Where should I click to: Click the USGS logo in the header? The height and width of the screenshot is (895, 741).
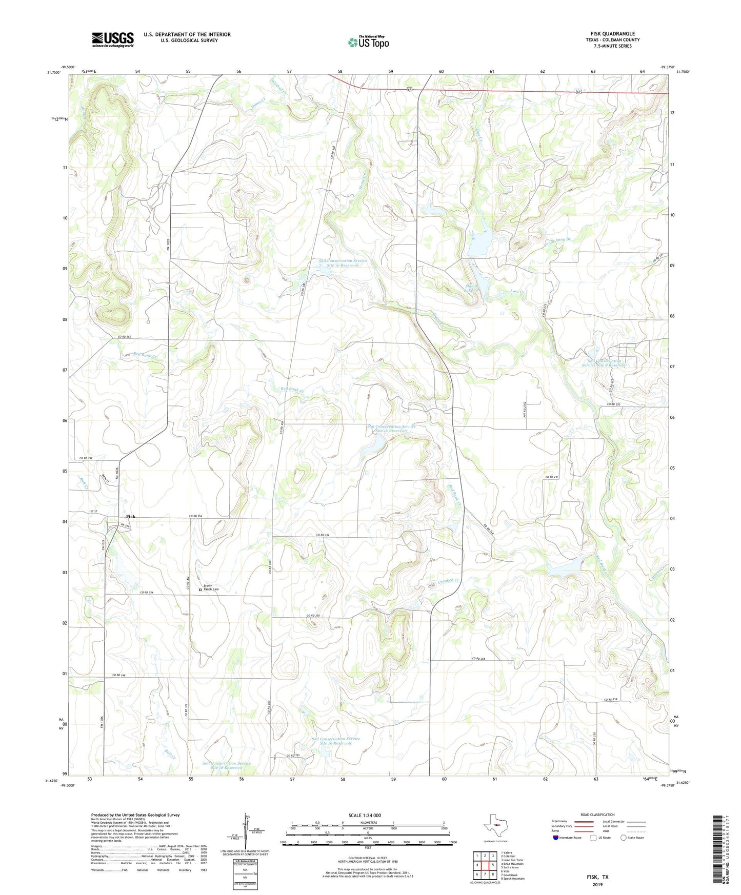[x=113, y=39]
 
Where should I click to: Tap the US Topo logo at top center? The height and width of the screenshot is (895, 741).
[x=368, y=42]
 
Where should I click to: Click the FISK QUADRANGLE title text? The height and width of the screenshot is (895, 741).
[x=612, y=34]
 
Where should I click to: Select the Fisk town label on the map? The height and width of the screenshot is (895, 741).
[x=131, y=517]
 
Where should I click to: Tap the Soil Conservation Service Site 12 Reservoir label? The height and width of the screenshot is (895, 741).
[x=391, y=429]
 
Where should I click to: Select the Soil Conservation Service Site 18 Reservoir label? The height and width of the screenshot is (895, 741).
[x=226, y=765]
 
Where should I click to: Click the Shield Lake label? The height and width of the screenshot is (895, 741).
[x=471, y=288]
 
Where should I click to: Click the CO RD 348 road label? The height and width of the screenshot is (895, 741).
[x=119, y=675]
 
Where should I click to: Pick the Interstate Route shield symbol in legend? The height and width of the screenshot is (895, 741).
[x=556, y=838]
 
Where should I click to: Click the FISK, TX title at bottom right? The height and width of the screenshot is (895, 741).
[x=597, y=877]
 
